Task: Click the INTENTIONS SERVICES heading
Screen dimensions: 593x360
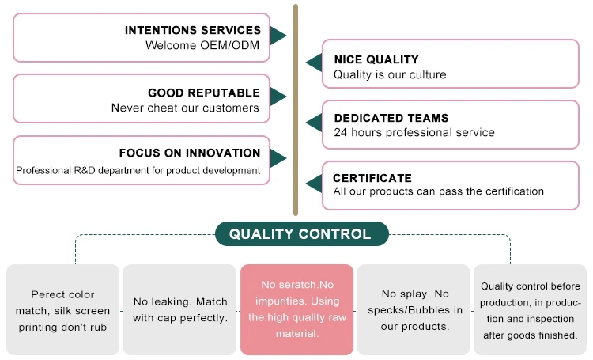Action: [x=192, y=30]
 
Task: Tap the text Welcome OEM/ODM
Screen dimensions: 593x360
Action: [x=202, y=45]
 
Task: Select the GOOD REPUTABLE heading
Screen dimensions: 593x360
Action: [x=203, y=93]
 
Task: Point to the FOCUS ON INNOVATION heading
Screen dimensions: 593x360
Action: [x=189, y=153]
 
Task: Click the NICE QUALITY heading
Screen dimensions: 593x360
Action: [x=376, y=59]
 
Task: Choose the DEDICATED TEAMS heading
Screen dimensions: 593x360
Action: [x=391, y=118]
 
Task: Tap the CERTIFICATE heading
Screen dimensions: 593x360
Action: [x=372, y=178]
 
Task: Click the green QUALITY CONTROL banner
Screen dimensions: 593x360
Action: [x=301, y=234]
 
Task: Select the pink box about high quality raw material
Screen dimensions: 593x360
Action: [x=296, y=309]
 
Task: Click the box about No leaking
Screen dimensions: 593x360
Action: [x=180, y=309]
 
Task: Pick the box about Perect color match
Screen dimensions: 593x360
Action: [x=63, y=309]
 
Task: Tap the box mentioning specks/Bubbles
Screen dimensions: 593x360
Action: [x=415, y=309]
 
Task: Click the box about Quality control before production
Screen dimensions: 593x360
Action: [x=530, y=309]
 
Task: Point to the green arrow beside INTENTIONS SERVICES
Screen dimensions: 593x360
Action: [x=278, y=36]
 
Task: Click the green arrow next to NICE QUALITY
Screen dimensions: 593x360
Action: [x=314, y=63]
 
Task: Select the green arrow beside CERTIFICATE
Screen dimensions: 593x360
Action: [x=314, y=184]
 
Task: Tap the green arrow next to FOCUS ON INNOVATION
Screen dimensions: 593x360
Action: [x=278, y=158]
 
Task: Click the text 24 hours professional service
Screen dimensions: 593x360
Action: [x=414, y=132]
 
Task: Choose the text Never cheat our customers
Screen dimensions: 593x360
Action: [x=185, y=108]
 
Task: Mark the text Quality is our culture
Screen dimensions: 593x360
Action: [x=390, y=74]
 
